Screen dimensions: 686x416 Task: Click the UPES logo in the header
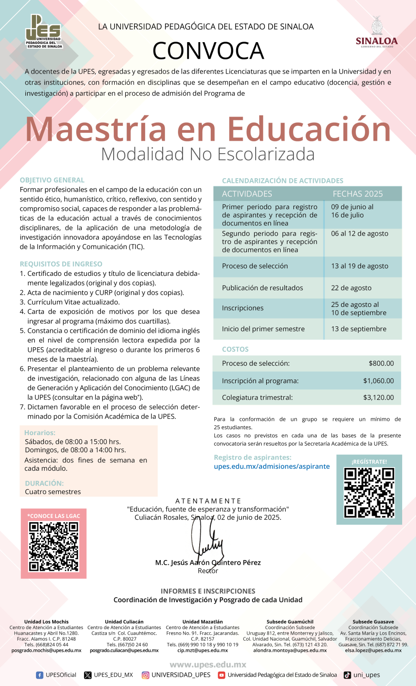(x=43, y=31)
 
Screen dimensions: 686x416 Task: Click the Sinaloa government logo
(x=377, y=32)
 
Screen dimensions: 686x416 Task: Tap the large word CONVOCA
(x=208, y=51)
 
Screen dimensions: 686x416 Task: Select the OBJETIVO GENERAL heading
(x=52, y=180)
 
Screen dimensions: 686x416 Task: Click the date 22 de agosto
(x=351, y=288)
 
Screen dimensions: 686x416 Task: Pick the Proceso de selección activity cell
(x=255, y=266)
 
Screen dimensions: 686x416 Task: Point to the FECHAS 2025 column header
(x=358, y=194)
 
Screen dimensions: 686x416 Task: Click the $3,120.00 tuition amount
(x=379, y=398)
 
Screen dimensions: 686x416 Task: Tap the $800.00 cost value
(x=381, y=363)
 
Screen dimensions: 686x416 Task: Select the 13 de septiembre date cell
(x=359, y=329)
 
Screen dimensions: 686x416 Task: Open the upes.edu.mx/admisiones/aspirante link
(x=272, y=467)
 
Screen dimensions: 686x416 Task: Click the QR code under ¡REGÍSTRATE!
(x=369, y=493)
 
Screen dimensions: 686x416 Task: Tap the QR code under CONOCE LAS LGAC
(x=54, y=547)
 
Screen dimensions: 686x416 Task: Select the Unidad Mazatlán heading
(x=202, y=622)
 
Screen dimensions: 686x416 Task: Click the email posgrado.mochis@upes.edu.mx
(x=46, y=650)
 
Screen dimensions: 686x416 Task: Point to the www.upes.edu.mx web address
(x=208, y=665)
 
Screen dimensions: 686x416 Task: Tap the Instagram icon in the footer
(x=146, y=675)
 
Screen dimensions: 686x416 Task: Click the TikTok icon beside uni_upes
(x=347, y=675)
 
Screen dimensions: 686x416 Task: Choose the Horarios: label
(x=40, y=433)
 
